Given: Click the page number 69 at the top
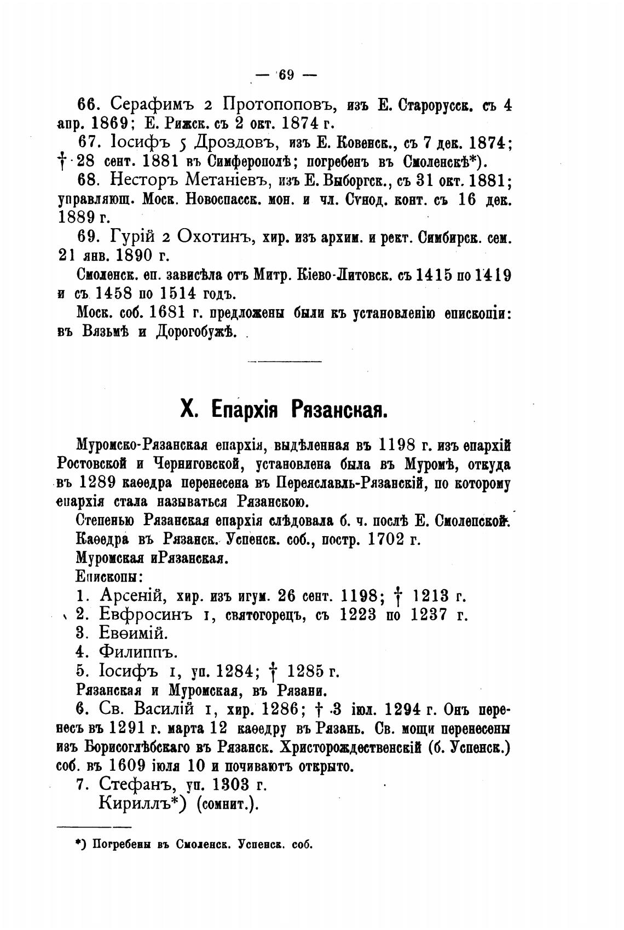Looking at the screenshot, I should (286, 75).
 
